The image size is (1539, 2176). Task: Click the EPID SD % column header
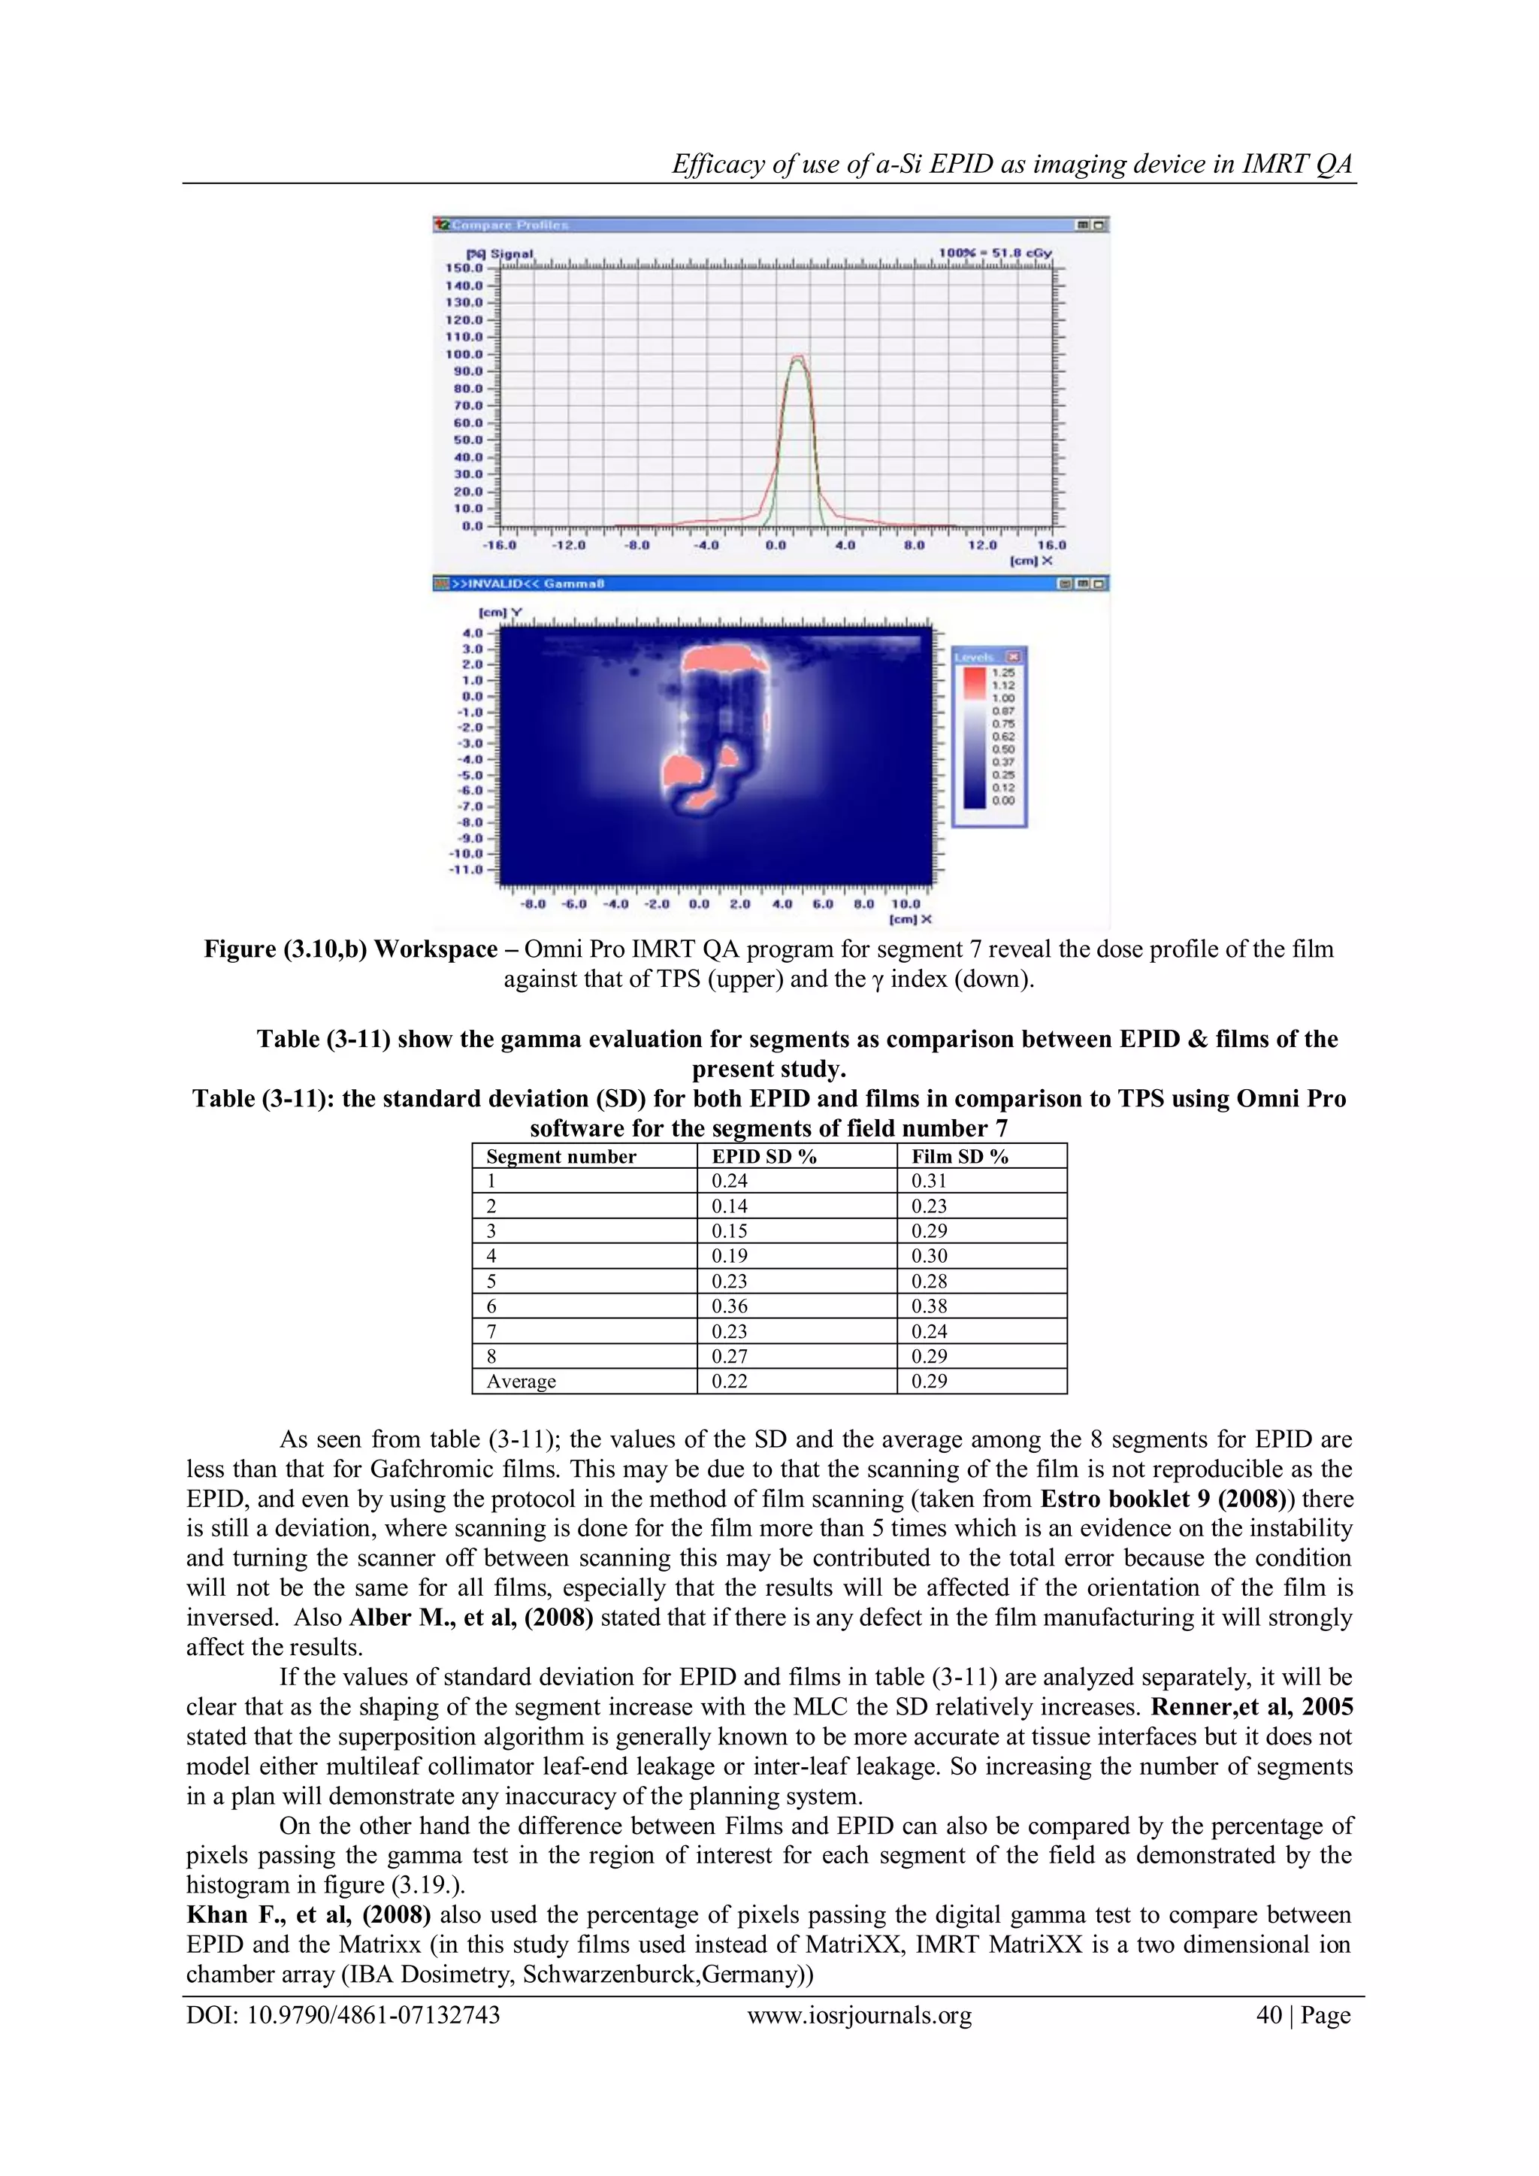coord(763,1156)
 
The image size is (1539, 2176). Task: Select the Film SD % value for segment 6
coord(929,1306)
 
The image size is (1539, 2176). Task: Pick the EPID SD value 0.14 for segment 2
coord(729,1206)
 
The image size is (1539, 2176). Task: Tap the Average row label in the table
coord(522,1381)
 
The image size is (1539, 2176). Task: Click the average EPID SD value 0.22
coord(729,1381)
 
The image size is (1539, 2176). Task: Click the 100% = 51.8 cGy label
coord(994,254)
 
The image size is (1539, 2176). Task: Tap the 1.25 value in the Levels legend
coord(1002,672)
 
